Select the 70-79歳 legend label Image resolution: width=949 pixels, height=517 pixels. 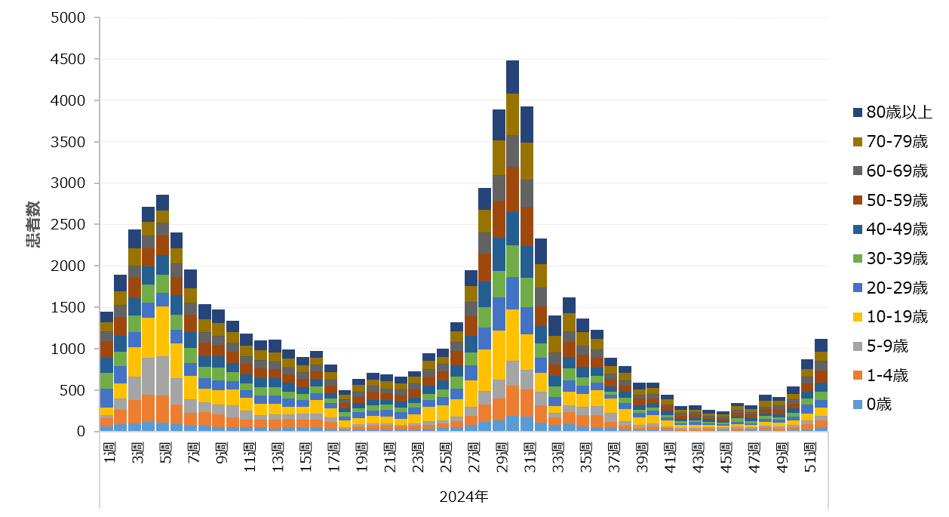pyautogui.click(x=892, y=142)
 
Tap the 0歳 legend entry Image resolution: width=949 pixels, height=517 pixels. pyautogui.click(x=878, y=405)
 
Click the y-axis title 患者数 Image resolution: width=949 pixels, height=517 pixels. pyautogui.click(x=33, y=225)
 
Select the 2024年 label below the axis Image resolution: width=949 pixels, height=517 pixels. pyautogui.click(x=463, y=496)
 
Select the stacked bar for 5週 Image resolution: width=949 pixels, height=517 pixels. pyautogui.click(x=162, y=317)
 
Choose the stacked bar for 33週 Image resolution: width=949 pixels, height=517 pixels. pyautogui.click(x=554, y=377)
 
